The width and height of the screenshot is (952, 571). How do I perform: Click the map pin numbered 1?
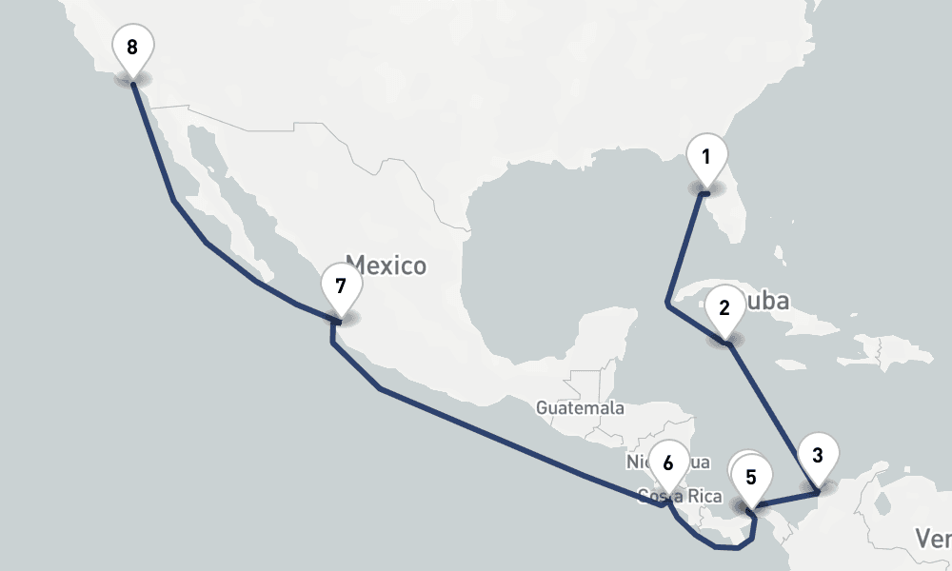(705, 158)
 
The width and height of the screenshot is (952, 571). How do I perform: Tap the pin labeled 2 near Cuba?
(724, 308)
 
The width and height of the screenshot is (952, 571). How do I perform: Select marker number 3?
(817, 456)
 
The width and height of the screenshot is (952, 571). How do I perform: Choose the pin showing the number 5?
(751, 477)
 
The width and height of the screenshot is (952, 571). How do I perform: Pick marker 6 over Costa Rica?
(667, 464)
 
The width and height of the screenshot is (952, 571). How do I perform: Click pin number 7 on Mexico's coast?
(341, 285)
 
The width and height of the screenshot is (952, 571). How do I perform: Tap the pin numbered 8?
(131, 47)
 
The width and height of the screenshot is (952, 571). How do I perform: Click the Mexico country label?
(386, 265)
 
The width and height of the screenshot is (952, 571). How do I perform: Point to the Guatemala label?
(580, 408)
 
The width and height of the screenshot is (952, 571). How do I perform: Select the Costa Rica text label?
(681, 497)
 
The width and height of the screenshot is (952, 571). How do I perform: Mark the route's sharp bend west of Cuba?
(667, 305)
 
